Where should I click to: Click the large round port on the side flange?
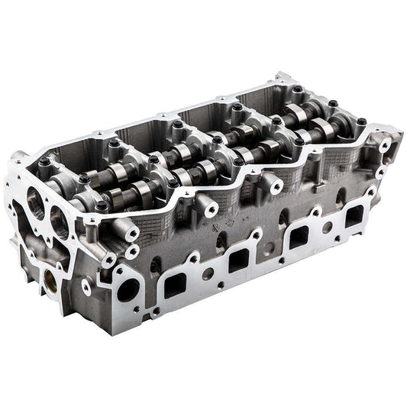[128, 289]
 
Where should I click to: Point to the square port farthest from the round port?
[354, 217]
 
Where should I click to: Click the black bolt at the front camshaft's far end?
[361, 122]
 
